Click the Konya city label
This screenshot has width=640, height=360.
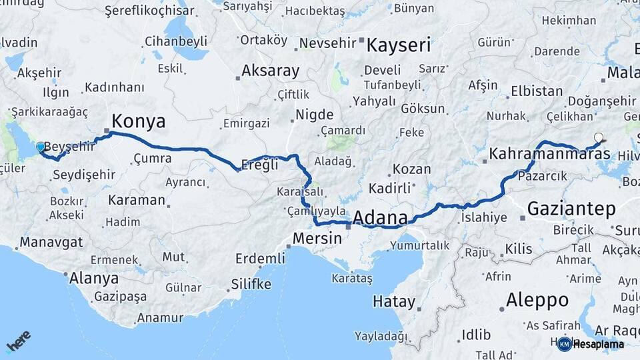(139, 121)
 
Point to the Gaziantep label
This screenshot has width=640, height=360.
(571, 209)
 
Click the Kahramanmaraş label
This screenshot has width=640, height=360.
(549, 154)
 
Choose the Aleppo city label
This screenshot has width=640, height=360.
(537, 299)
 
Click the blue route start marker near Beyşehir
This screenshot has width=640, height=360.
(41, 147)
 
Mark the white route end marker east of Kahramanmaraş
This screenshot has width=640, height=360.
(598, 138)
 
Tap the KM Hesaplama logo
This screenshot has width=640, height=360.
(591, 344)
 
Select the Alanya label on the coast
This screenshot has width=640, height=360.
(94, 278)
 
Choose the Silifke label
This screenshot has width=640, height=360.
(251, 285)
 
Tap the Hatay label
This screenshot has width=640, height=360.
(393, 301)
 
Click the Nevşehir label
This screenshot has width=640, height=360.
(327, 43)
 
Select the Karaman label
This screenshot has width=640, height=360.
(136, 200)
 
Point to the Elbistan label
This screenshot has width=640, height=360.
(537, 91)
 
